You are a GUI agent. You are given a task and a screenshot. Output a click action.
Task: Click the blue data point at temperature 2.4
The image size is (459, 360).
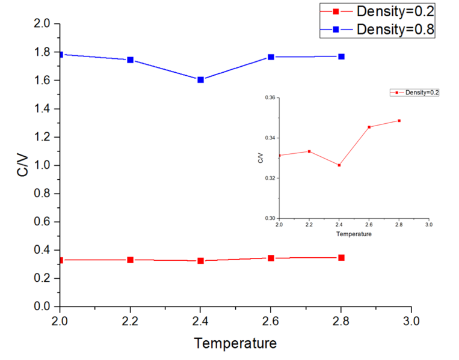pyautogui.click(x=200, y=79)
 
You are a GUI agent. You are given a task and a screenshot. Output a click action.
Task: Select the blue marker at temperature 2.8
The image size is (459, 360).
pyautogui.click(x=341, y=56)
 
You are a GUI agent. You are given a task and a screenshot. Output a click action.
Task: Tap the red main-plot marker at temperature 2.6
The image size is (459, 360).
pyautogui.click(x=271, y=258)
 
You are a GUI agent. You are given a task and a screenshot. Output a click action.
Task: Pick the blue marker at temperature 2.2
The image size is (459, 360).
pyautogui.click(x=130, y=59)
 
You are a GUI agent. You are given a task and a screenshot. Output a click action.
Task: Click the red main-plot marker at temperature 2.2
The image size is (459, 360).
pyautogui.click(x=130, y=260)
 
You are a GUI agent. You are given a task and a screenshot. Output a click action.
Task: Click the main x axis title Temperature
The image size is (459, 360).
pyautogui.click(x=235, y=343)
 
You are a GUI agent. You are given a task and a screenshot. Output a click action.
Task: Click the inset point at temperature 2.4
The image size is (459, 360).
pyautogui.click(x=339, y=165)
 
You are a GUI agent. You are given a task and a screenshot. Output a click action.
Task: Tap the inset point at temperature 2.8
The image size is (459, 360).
pyautogui.click(x=399, y=120)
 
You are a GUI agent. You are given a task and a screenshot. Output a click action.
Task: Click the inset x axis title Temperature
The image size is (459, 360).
pyautogui.click(x=354, y=234)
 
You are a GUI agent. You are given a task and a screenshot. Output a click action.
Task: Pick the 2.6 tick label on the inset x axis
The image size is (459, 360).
pyautogui.click(x=369, y=224)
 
